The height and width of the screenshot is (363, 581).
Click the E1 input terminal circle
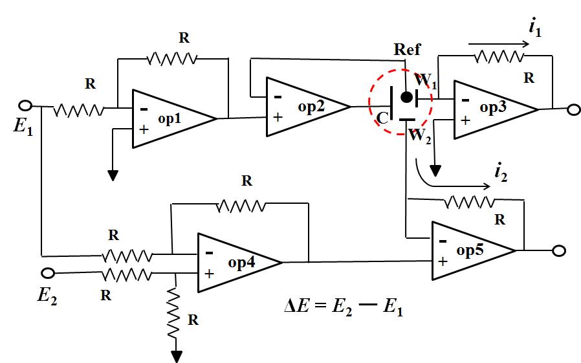26,105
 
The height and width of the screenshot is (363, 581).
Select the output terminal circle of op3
573,110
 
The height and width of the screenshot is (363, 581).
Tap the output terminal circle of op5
560,251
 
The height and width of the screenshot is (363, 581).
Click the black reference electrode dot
406,97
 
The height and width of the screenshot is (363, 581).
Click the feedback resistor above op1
171,59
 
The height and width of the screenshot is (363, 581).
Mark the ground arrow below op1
113,175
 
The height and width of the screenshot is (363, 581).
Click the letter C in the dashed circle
382,118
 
